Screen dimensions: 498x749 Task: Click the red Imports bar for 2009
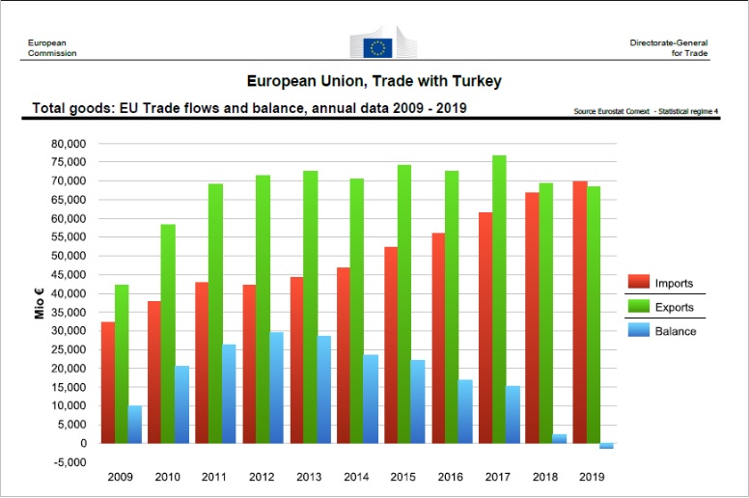coord(107,382)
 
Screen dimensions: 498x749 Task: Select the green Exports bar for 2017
coord(526,299)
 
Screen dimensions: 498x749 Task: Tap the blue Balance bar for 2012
coord(277,388)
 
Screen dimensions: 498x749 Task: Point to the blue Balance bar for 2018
coord(560,439)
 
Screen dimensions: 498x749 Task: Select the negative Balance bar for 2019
coord(606,446)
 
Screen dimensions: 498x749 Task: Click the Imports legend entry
coord(665,282)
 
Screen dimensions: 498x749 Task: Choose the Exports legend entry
coord(665,307)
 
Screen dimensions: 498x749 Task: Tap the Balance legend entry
coord(665,331)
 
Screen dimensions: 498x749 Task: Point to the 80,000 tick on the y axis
coord(69,144)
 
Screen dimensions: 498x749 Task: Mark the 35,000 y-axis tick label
coord(69,313)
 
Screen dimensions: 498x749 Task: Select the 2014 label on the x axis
coord(356,478)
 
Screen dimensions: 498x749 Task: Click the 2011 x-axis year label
coord(214,478)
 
